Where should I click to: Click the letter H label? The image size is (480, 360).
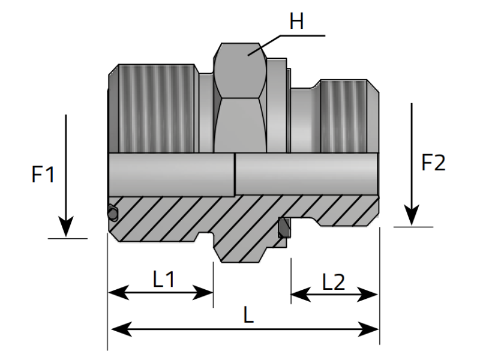296,22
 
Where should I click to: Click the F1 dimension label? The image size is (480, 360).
43,175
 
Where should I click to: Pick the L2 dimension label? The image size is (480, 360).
334,282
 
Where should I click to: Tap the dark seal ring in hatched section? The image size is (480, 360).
284,227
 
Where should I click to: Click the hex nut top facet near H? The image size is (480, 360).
240,57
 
